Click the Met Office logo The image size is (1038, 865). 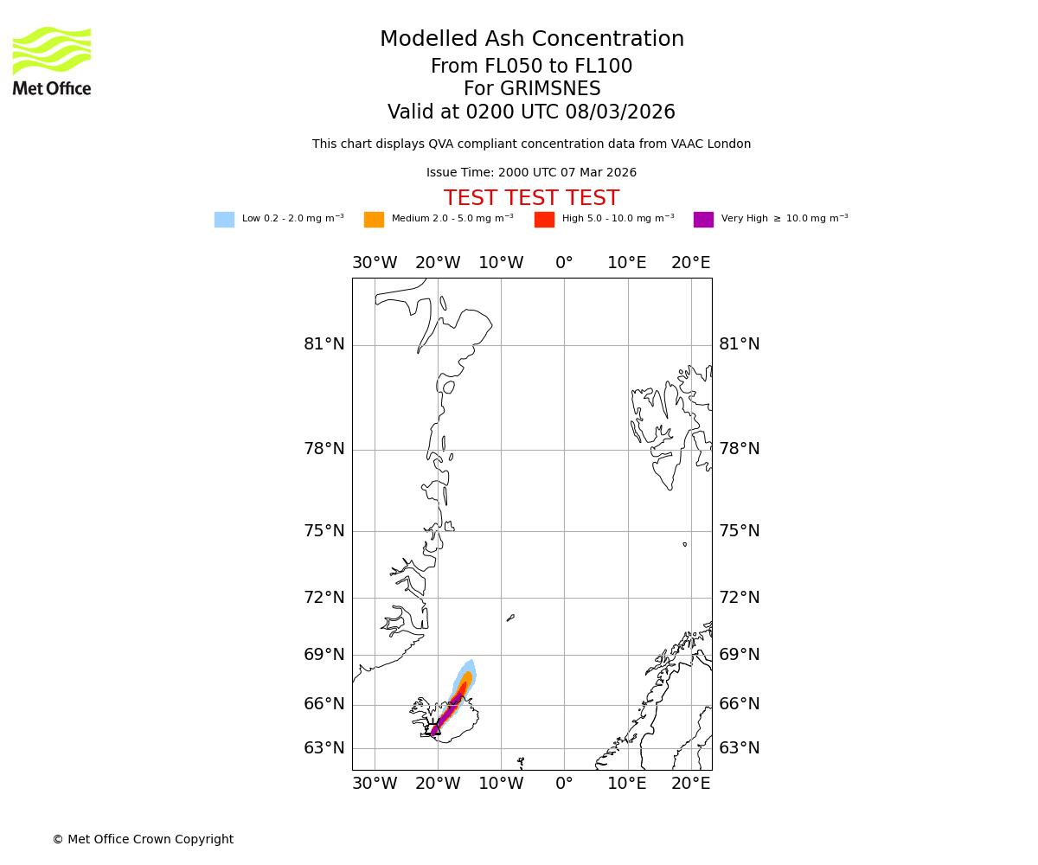52,61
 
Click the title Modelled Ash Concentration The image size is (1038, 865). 531,40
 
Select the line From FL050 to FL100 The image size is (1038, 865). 531,67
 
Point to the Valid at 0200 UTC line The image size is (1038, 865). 531,112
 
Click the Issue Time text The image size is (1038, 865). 531,173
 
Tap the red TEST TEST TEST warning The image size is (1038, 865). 531,198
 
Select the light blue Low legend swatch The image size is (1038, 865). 224,220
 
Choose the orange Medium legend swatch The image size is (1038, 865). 374,220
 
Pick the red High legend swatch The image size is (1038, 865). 544,220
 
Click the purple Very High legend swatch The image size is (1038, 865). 703,220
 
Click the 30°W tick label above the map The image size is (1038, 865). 375,263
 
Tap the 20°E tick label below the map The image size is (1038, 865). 691,784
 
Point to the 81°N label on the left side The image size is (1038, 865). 324,344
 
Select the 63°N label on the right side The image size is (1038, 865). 740,748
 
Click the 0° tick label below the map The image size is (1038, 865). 564,784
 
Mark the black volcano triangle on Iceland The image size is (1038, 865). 435,729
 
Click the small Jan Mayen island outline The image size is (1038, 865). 510,618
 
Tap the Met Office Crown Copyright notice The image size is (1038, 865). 143,840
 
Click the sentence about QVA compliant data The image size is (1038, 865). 531,144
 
